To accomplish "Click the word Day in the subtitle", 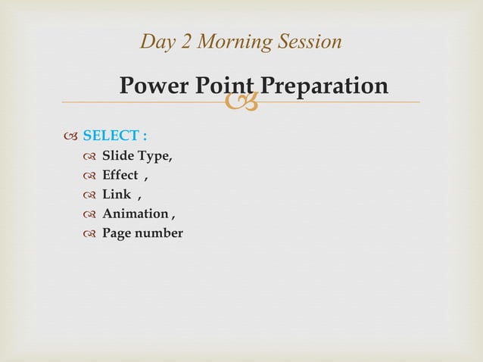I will pyautogui.click(x=157, y=42).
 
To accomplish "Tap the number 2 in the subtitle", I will pyautogui.click(x=186, y=42).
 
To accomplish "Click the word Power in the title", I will pyautogui.click(x=155, y=86).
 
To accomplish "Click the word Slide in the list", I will pyautogui.click(x=118, y=156).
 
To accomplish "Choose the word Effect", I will pyautogui.click(x=120, y=176).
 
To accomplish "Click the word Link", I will pyautogui.click(x=117, y=195).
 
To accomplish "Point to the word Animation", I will pyautogui.click(x=135, y=214).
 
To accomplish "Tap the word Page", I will pyautogui.click(x=117, y=233).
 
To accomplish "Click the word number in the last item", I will pyautogui.click(x=159, y=233).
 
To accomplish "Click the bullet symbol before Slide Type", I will pyautogui.click(x=89, y=157).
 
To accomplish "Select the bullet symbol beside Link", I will pyautogui.click(x=89, y=195).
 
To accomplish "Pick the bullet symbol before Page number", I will pyautogui.click(x=89, y=234).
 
